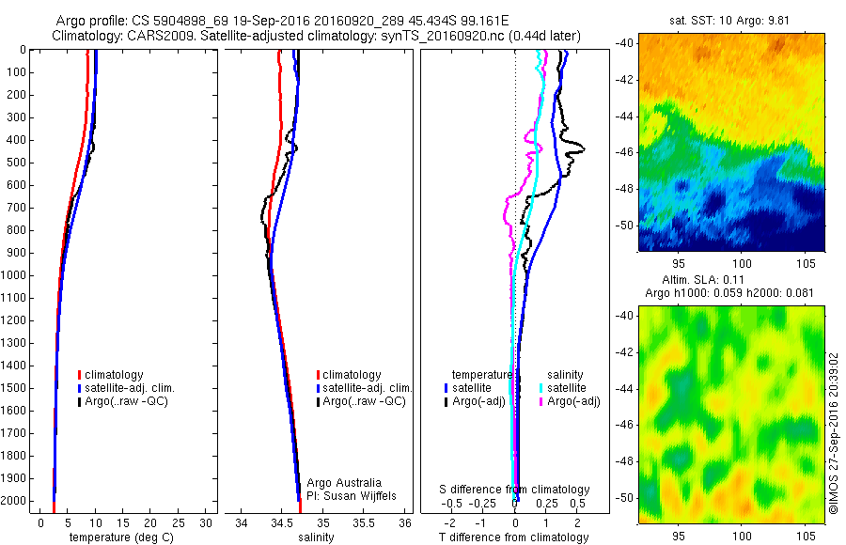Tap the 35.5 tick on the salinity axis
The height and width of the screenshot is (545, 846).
[364, 522]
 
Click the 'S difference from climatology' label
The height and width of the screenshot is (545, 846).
[515, 490]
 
